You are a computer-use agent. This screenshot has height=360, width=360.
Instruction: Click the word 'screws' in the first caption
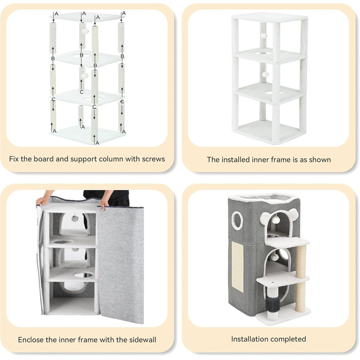point(153,159)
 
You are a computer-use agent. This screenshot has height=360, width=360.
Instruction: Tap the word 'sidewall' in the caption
point(142,339)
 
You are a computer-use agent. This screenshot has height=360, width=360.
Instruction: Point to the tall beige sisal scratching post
point(301,278)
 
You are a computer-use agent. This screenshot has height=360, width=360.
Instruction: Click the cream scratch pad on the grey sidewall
point(238,267)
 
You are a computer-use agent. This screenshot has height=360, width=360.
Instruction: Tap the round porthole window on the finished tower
point(237,221)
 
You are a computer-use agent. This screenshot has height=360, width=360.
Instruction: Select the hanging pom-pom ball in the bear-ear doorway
point(276,220)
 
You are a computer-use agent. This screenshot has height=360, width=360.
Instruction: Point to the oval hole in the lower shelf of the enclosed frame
point(83,275)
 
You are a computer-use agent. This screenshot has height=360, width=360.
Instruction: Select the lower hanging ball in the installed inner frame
point(265,75)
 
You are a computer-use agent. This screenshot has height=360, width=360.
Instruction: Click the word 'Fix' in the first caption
point(14,159)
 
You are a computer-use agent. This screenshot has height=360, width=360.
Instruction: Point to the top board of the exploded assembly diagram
point(87,17)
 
